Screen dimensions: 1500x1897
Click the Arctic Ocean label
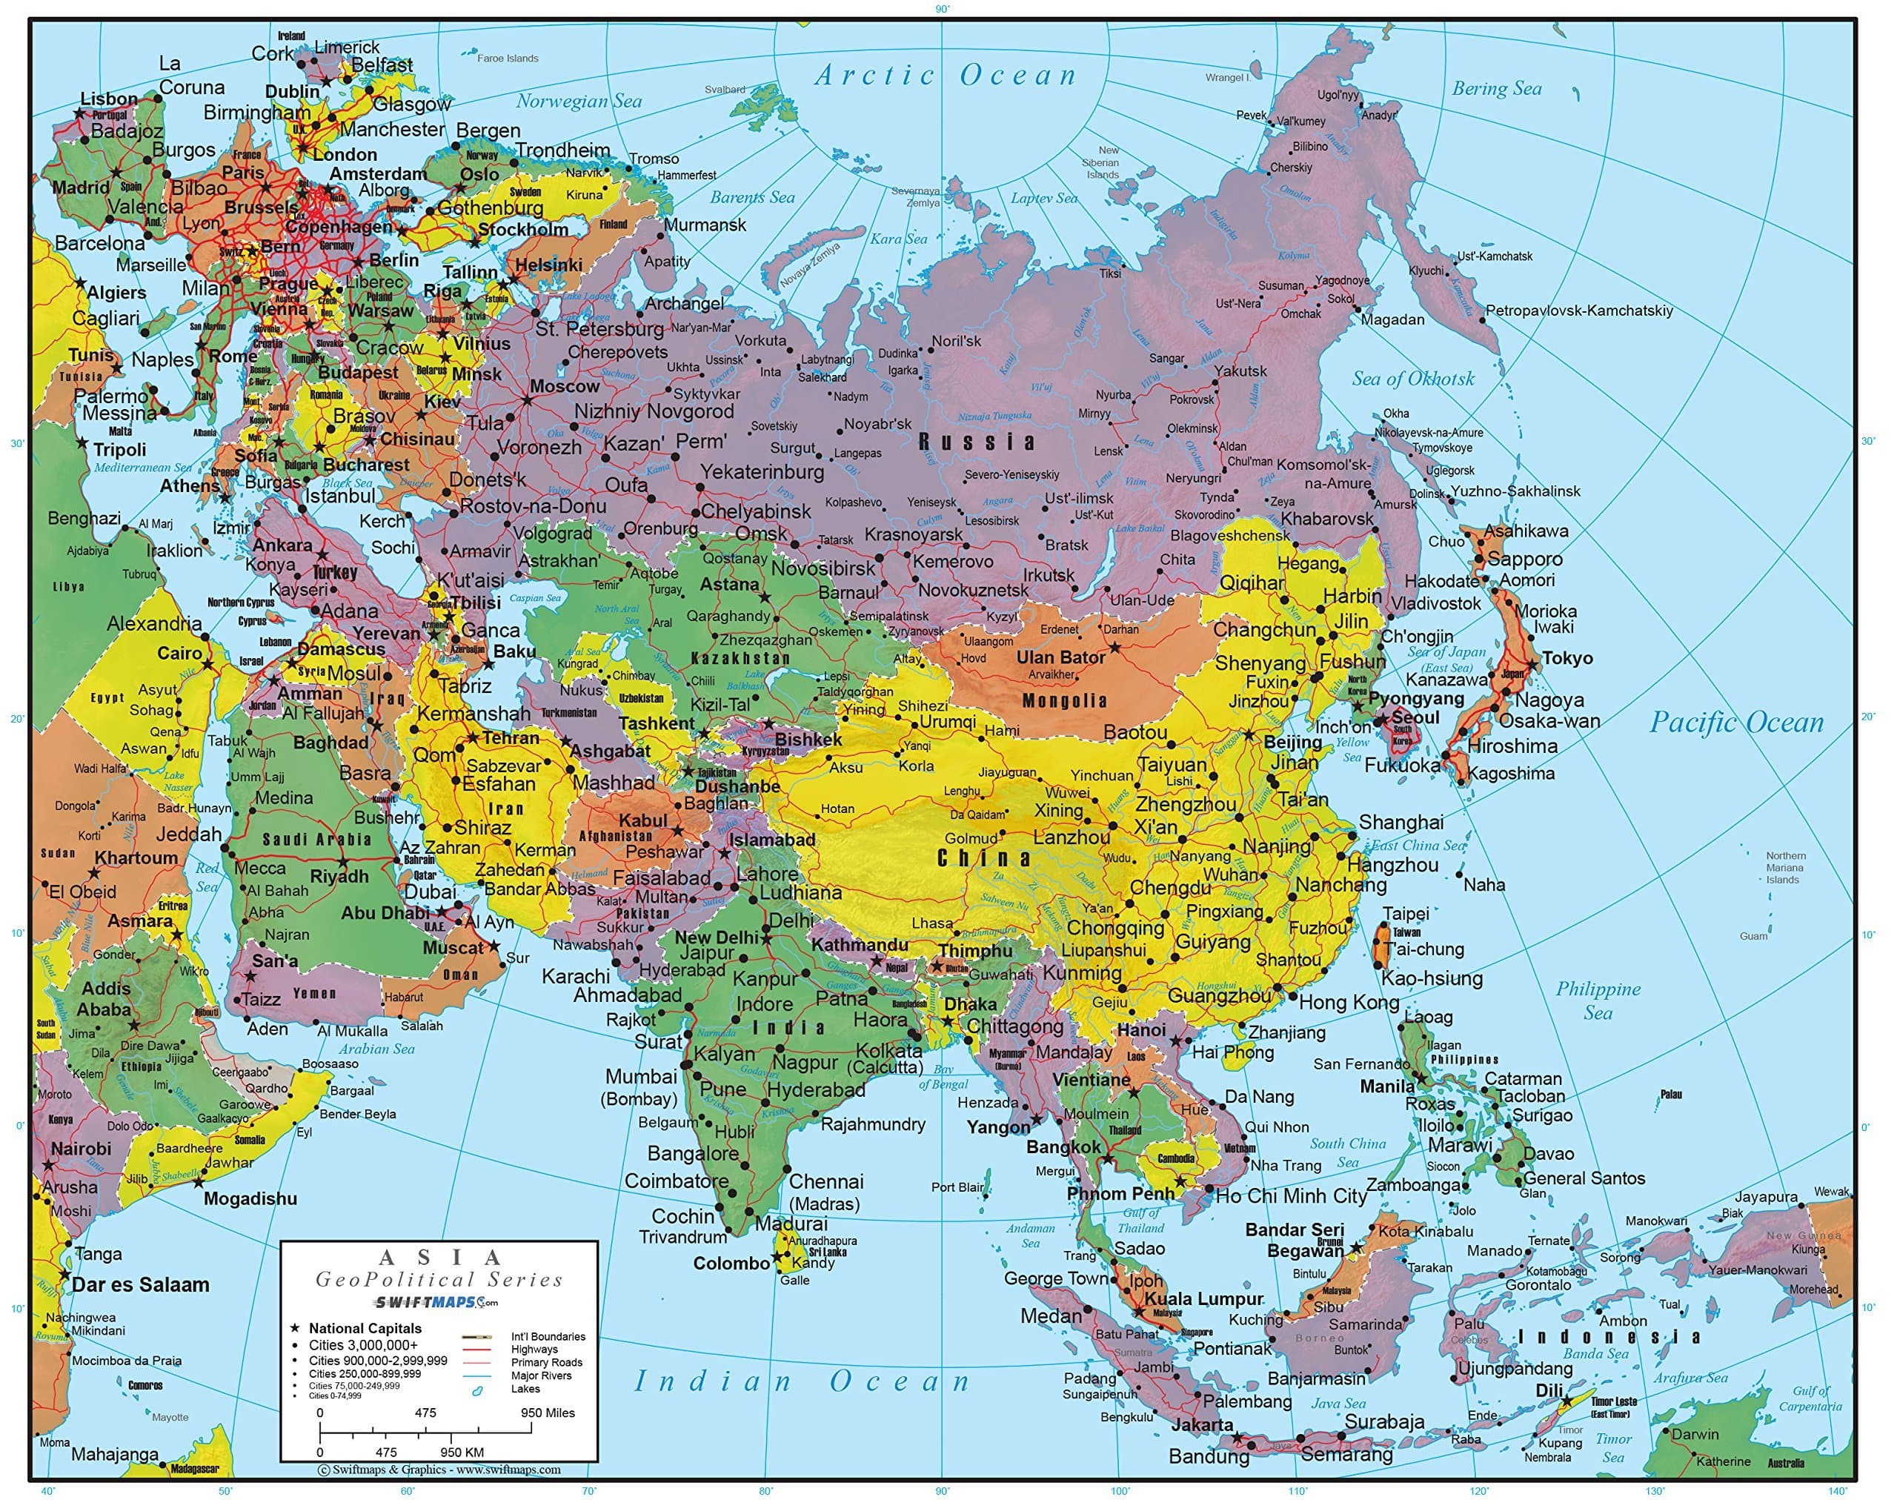point(945,76)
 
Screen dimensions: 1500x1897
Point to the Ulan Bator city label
point(1060,657)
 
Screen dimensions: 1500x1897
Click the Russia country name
point(977,442)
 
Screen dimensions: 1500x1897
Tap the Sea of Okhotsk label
point(1412,379)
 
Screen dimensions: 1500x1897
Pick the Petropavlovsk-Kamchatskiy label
point(1578,311)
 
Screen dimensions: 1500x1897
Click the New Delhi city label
point(716,937)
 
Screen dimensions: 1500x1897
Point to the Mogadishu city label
point(250,1199)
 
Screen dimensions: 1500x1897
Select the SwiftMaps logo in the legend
point(436,1301)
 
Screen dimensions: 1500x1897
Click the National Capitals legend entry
point(365,1328)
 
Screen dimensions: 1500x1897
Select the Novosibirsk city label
point(823,568)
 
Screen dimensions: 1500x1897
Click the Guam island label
point(1753,936)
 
